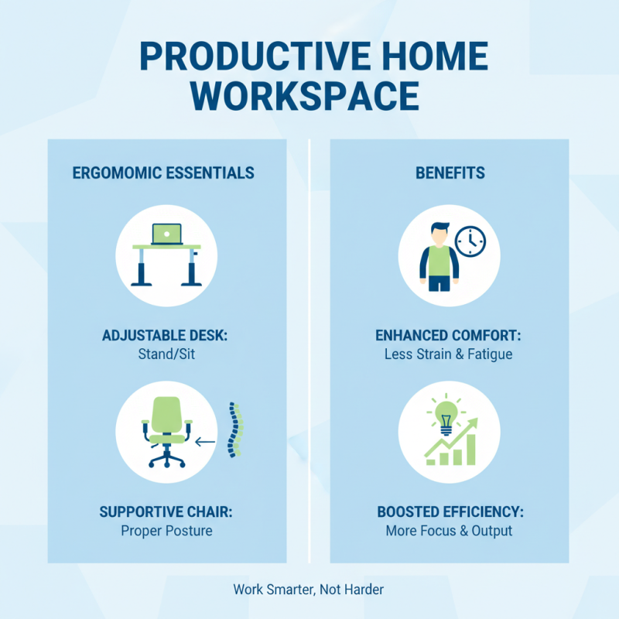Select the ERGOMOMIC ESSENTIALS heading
163,173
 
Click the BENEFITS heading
450,173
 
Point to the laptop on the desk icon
166,234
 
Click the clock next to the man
470,241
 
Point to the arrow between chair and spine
205,443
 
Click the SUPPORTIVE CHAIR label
166,512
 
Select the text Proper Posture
166,531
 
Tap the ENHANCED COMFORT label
450,336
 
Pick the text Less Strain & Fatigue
449,354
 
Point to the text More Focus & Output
449,531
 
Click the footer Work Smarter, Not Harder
309,590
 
